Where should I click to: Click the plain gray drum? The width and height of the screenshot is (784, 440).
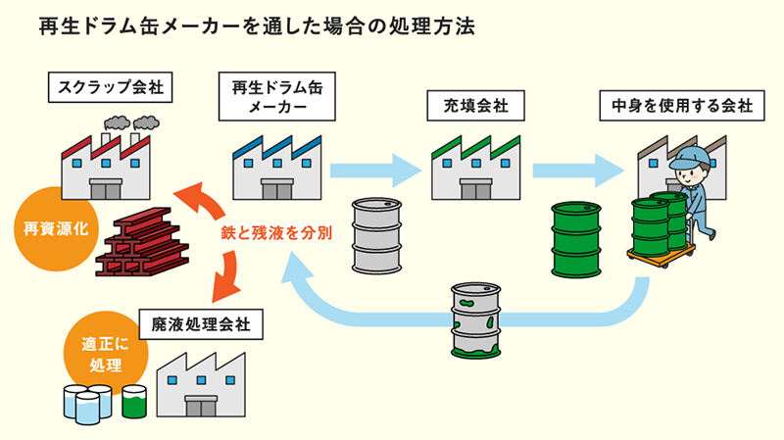point(376,235)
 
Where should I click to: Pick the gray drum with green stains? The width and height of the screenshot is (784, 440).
point(475,321)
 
